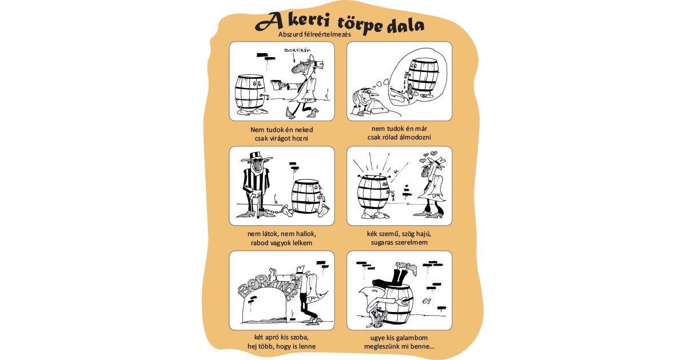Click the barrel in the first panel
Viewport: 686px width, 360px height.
click(250, 91)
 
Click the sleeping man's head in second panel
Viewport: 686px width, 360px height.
click(361, 97)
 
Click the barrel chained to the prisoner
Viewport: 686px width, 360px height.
click(306, 196)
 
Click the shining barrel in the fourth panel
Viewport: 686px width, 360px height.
click(373, 193)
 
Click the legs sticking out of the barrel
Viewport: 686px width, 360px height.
click(394, 271)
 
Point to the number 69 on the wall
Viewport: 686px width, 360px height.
click(426, 301)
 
